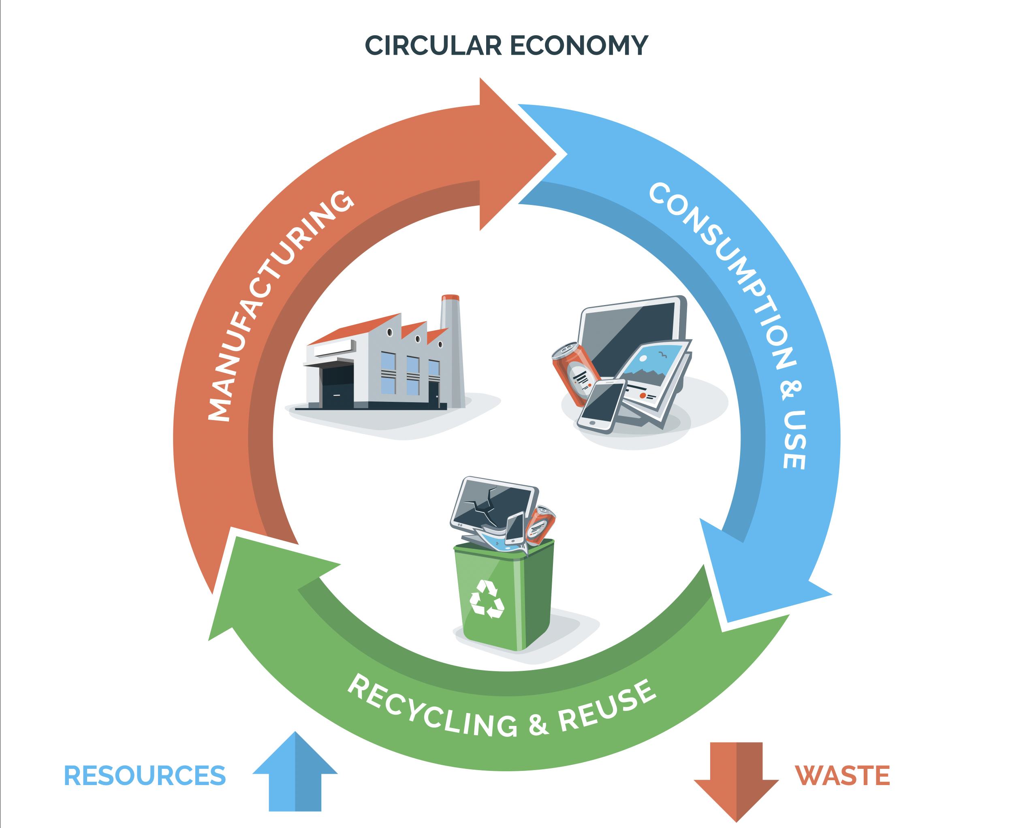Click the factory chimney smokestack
click(452, 350)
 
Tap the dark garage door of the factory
click(337, 386)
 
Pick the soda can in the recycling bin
click(540, 525)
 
